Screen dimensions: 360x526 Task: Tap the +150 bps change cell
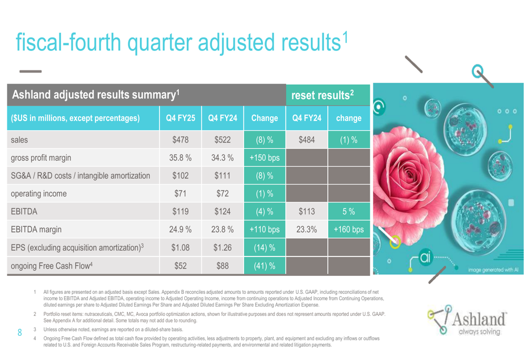click(264, 158)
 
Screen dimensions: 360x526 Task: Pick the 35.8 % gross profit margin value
click(180, 158)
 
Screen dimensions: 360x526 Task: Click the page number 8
click(20, 333)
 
